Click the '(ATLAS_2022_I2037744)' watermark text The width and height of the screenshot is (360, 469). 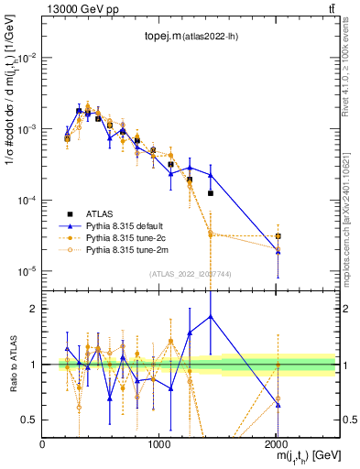[190, 274]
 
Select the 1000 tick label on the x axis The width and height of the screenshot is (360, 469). [158, 444]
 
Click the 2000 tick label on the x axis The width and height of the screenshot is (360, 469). [277, 444]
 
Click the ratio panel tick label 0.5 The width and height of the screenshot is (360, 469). [31, 420]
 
